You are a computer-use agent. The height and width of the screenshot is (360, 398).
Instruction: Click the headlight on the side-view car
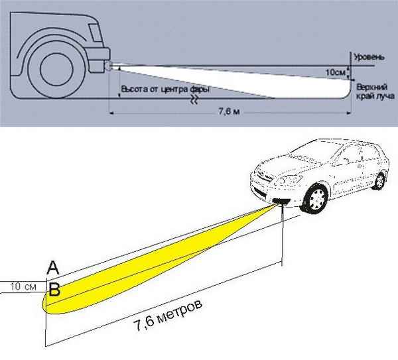coord(107,65)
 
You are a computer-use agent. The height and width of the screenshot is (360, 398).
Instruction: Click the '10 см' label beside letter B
coord(23,287)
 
